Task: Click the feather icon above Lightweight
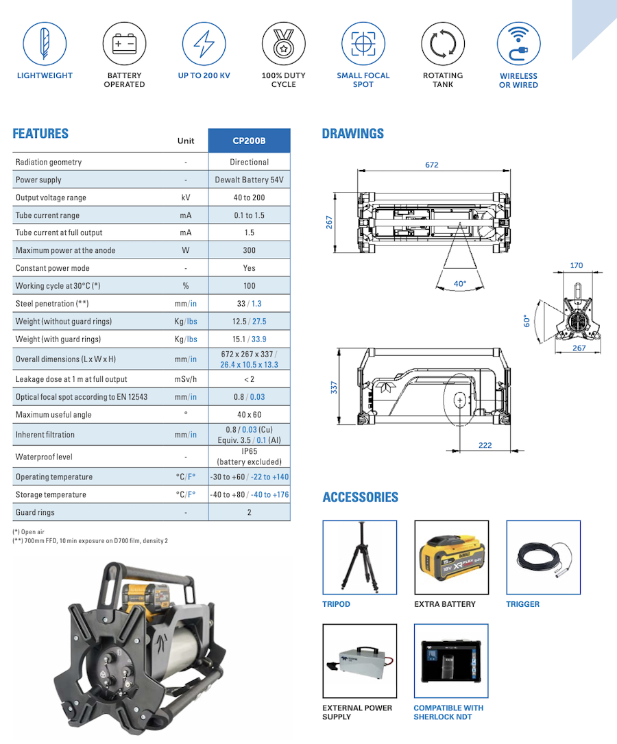pyautogui.click(x=45, y=44)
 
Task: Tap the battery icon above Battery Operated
pyautogui.click(x=124, y=44)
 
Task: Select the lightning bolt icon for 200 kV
pyautogui.click(x=204, y=44)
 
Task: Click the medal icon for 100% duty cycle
pyautogui.click(x=283, y=44)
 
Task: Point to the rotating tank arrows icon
pyautogui.click(x=443, y=44)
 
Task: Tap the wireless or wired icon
pyautogui.click(x=518, y=44)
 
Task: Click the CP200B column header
pyautogui.click(x=249, y=141)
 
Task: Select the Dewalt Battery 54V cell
pyautogui.click(x=249, y=180)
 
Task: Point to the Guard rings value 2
pyautogui.click(x=249, y=512)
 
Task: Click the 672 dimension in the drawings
pyautogui.click(x=431, y=165)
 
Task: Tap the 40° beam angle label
pyautogui.click(x=459, y=283)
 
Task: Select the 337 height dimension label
pyautogui.click(x=334, y=387)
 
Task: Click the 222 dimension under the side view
pyautogui.click(x=485, y=445)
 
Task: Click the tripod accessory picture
pyautogui.click(x=359, y=557)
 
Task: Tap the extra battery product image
pyautogui.click(x=451, y=557)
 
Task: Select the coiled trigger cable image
pyautogui.click(x=543, y=557)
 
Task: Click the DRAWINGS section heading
pyautogui.click(x=353, y=134)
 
